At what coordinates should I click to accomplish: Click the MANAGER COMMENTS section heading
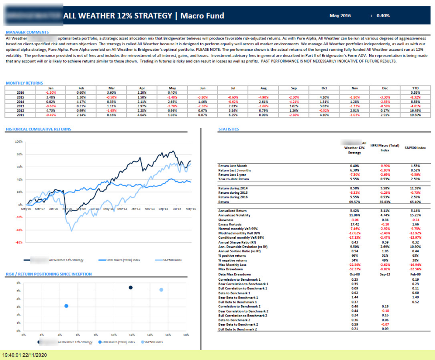(27, 32)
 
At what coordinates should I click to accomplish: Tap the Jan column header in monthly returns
(51, 88)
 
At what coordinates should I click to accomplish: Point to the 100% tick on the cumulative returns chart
(19, 142)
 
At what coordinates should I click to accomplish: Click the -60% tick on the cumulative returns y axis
(19, 243)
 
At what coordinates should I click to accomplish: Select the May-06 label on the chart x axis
(26, 209)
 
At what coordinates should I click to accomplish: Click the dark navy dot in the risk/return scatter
(130, 288)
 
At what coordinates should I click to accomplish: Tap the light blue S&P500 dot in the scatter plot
(161, 290)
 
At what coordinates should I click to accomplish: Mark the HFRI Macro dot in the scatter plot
(67, 306)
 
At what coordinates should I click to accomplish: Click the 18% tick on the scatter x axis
(186, 335)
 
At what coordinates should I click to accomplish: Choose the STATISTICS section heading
(228, 129)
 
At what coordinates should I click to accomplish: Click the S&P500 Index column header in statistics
(415, 148)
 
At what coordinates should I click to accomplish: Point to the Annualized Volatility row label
(234, 215)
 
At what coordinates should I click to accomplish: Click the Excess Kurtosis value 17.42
(355, 224)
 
